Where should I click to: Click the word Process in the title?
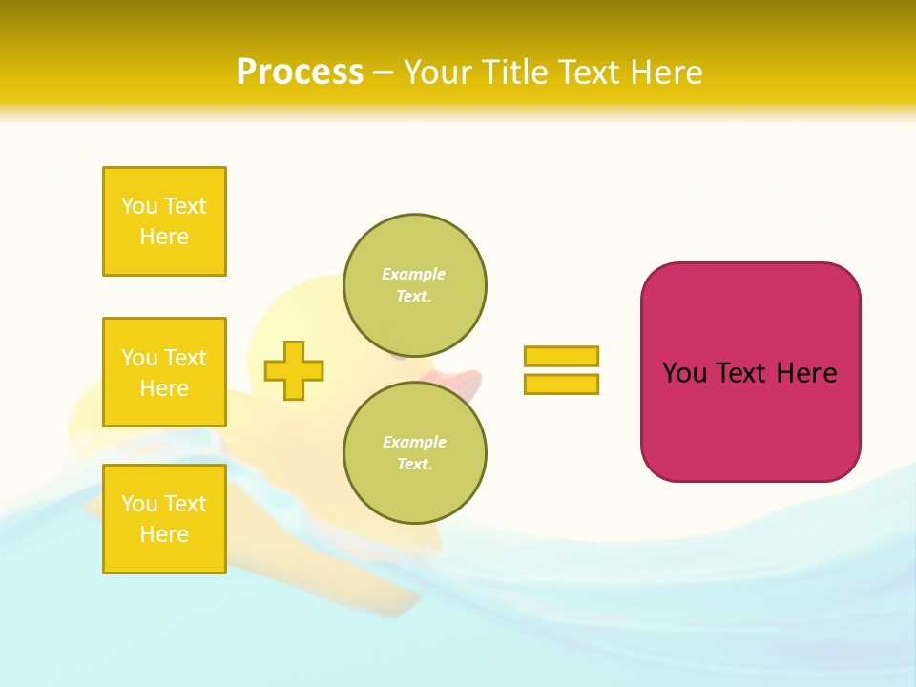click(300, 73)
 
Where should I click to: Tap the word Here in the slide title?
click(666, 73)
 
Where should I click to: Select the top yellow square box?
click(164, 221)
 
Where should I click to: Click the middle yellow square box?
click(164, 372)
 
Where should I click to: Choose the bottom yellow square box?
click(164, 519)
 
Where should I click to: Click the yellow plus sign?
click(294, 370)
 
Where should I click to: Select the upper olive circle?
click(415, 285)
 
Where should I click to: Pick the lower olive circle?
click(415, 453)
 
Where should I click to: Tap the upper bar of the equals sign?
click(561, 356)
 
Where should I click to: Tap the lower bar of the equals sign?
click(561, 384)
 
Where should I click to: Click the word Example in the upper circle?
click(413, 274)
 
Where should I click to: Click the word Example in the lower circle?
click(413, 442)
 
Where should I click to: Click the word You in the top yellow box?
click(139, 206)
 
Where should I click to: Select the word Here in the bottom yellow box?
click(164, 534)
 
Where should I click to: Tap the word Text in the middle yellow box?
click(185, 358)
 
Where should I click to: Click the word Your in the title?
click(437, 73)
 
